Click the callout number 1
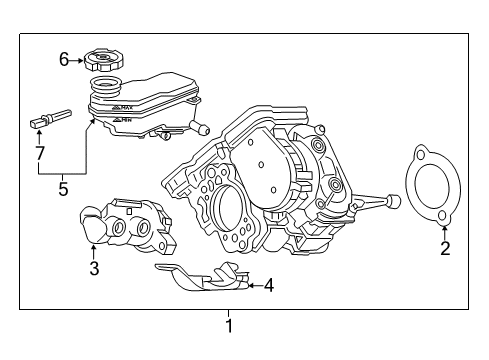(x=228, y=325)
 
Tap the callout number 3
(x=95, y=268)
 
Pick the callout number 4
(x=267, y=285)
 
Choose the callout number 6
(x=64, y=59)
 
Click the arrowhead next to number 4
(x=249, y=285)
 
